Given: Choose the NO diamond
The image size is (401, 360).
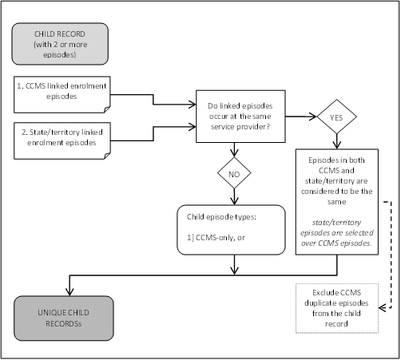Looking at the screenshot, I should click(x=233, y=173).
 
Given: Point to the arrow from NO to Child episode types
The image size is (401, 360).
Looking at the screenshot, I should click(x=233, y=197).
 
